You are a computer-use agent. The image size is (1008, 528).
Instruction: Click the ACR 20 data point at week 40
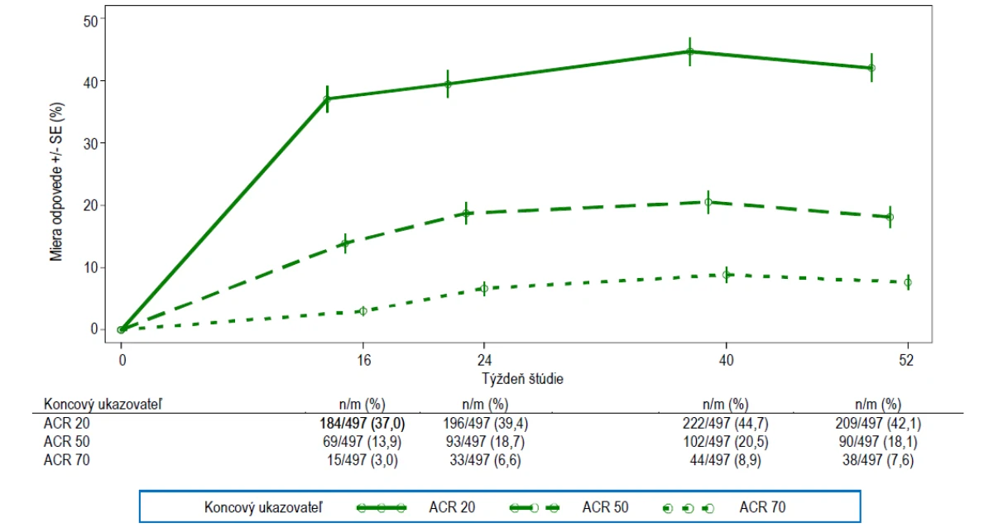(690, 52)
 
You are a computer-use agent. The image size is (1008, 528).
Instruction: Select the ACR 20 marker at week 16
(327, 99)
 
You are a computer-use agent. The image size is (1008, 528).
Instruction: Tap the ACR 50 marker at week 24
(466, 214)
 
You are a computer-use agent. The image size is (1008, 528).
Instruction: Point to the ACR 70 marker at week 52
(908, 283)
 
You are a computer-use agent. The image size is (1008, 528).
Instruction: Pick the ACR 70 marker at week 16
(363, 311)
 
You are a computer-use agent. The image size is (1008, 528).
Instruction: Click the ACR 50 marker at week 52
(890, 217)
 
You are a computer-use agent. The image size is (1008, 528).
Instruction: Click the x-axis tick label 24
(484, 360)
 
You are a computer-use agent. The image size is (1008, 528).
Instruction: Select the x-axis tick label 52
(907, 360)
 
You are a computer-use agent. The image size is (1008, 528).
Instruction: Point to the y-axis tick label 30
(90, 144)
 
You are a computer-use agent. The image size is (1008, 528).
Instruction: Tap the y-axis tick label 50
(90, 22)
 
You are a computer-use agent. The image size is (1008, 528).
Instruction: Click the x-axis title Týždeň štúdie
(522, 378)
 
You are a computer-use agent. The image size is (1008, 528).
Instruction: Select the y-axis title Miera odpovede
(56, 207)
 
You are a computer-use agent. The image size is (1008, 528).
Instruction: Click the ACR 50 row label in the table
(66, 442)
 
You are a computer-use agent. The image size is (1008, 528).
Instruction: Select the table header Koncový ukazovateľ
(103, 404)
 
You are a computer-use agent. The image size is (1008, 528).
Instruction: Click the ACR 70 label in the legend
(762, 507)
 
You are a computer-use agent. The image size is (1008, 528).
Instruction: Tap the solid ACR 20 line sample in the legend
(382, 508)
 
